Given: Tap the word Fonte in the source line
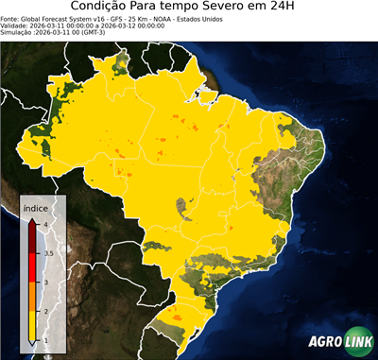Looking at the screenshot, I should click(10, 17).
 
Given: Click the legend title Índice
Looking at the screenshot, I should click(36, 209).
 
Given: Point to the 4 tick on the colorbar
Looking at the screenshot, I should click(44, 223).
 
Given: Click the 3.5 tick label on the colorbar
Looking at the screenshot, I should click(47, 253).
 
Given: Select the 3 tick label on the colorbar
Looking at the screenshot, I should click(44, 283).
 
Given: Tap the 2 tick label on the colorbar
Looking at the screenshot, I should click(44, 312).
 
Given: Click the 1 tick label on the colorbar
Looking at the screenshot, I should click(44, 341).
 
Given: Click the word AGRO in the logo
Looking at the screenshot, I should click(323, 340).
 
